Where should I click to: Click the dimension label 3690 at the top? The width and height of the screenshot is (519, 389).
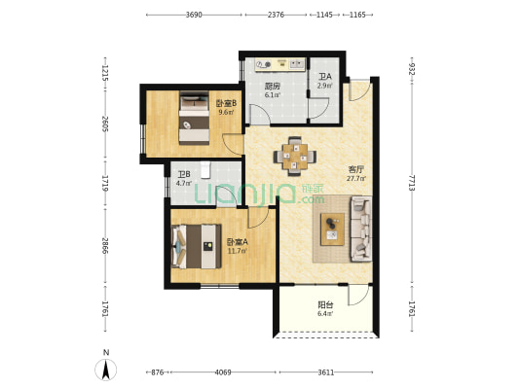coord(194,15)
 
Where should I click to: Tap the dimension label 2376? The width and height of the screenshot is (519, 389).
coord(276,15)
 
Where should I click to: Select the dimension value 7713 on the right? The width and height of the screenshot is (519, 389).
coord(412,183)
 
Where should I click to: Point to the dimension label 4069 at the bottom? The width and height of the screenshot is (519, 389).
coord(223,372)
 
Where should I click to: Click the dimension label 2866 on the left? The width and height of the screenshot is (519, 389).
coord(105,246)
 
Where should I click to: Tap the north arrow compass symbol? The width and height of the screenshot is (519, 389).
coord(106,370)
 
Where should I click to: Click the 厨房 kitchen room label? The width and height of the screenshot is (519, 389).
coord(273,87)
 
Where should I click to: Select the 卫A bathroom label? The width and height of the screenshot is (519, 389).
coord(324,77)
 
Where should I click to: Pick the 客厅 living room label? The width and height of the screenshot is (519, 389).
coord(356,170)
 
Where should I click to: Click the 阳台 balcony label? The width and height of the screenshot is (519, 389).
coord(325,304)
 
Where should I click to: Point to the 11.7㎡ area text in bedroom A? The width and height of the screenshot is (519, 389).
coord(238,251)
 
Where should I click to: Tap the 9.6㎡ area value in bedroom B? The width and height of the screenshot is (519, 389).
coord(227,112)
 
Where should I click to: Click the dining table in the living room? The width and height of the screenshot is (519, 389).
coord(295,157)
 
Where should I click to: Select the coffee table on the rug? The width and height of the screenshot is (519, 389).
coord(332,230)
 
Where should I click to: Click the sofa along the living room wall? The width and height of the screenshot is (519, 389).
coord(361,229)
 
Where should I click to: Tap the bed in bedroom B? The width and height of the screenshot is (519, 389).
coord(195,118)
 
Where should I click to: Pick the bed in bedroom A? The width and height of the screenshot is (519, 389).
coord(197,247)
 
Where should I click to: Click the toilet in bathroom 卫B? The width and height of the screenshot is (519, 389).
coord(205,170)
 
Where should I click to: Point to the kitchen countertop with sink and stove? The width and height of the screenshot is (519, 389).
coord(280,64)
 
